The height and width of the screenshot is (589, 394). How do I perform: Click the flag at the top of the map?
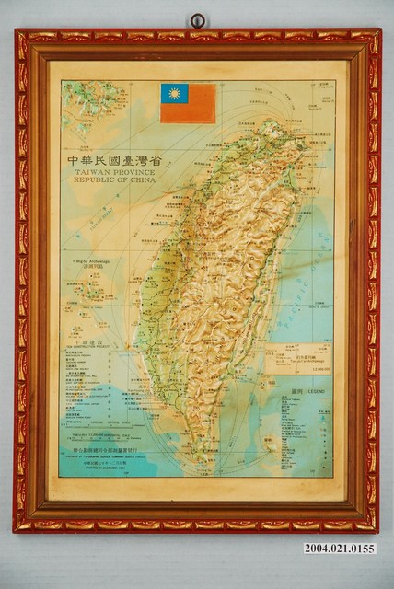(x=188, y=103)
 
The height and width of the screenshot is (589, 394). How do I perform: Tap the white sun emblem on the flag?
(x=172, y=93)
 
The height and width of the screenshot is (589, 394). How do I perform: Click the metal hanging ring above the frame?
(x=198, y=20)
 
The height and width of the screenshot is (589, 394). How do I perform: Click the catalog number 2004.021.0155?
(x=341, y=549)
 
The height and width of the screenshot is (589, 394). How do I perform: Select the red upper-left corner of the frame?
(x=22, y=38)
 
